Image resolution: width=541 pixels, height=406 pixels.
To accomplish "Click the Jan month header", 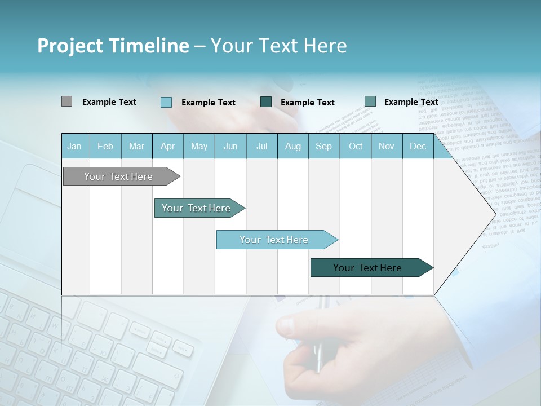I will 74,146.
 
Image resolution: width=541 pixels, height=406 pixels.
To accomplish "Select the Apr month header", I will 168,146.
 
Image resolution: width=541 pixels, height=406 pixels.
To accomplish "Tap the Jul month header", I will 261,146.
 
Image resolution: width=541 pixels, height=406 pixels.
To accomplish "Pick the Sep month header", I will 323,146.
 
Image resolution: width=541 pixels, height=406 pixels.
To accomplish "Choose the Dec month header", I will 418,146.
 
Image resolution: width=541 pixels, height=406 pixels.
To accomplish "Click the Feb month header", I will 105,146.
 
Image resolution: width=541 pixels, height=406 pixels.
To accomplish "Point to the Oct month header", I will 356,146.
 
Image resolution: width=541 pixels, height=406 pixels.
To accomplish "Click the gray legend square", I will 66,101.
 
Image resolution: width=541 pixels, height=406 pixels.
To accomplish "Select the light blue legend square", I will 166,102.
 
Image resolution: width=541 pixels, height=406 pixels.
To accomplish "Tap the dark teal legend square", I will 266,102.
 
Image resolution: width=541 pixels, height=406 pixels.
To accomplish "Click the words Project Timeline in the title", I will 113,46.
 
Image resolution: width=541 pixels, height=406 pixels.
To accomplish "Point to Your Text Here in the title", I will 278,46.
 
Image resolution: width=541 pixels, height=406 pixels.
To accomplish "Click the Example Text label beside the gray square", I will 109,102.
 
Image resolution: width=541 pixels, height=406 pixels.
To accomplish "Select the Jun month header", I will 230,146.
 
